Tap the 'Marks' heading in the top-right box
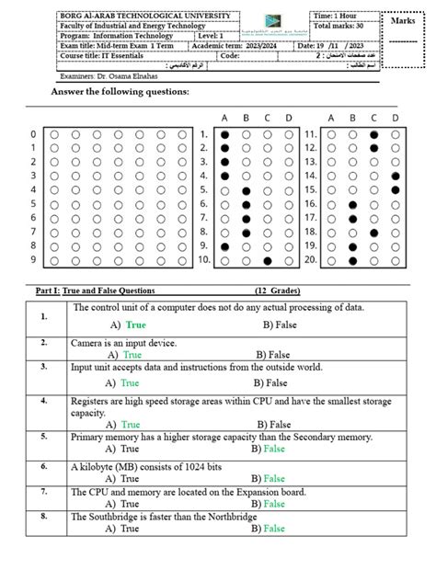point(404,20)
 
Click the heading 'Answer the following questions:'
point(120,93)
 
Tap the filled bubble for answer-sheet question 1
point(224,134)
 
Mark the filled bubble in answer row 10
point(267,261)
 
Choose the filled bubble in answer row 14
point(395,177)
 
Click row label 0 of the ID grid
point(34,134)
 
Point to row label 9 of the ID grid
point(34,261)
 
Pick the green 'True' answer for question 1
point(136,325)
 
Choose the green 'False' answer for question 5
point(274,450)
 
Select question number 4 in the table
point(43,402)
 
